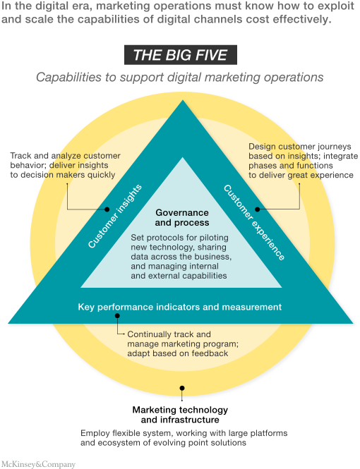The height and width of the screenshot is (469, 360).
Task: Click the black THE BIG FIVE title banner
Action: (x=181, y=55)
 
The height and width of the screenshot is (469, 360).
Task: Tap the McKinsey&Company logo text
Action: (x=38, y=464)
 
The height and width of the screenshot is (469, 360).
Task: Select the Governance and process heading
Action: (x=182, y=217)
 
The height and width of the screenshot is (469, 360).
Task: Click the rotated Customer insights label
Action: (x=114, y=217)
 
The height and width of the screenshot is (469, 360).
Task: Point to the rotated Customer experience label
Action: (x=254, y=223)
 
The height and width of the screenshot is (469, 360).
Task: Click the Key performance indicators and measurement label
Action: (x=179, y=307)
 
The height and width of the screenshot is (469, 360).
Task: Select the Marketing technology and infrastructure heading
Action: (x=180, y=415)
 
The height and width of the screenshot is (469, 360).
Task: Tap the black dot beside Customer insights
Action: (x=107, y=209)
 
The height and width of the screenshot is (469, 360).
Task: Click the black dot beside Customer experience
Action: (x=258, y=209)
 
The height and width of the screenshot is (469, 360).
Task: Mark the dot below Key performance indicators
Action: (x=117, y=315)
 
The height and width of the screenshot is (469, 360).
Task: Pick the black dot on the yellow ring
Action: (x=182, y=388)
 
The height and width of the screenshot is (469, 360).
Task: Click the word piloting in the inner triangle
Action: (x=214, y=238)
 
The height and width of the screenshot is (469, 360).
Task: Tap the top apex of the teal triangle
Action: (x=183, y=100)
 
